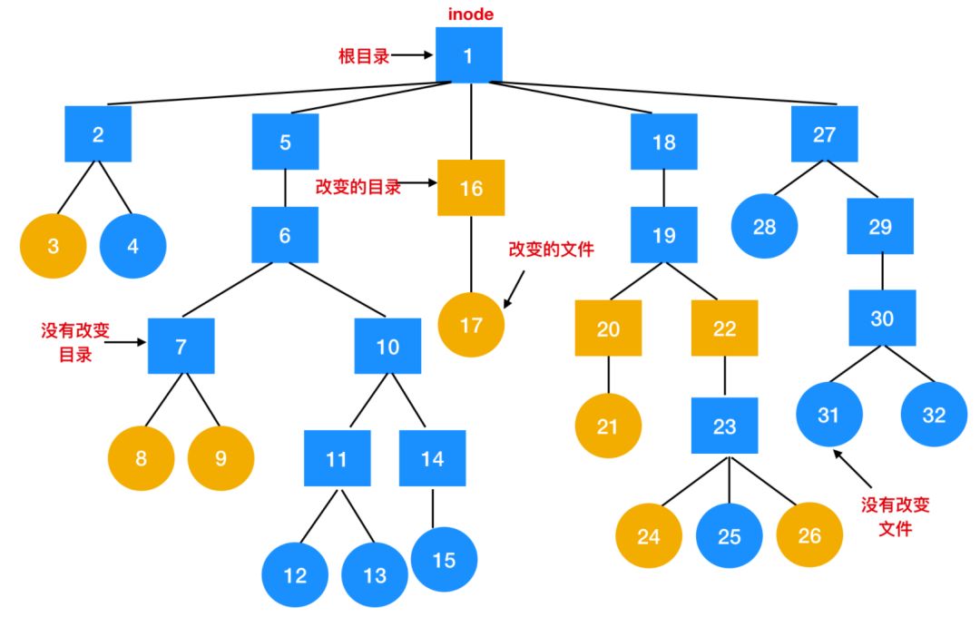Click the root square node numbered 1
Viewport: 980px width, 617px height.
pos(468,55)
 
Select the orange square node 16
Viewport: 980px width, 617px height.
pos(471,188)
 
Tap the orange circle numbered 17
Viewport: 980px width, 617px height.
pos(471,324)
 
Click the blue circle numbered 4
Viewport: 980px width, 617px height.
pos(132,245)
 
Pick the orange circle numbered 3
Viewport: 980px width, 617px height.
pos(54,245)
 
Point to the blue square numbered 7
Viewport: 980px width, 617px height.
pos(181,346)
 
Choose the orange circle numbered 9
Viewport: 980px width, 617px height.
pos(220,457)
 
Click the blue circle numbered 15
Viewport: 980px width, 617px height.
pos(444,560)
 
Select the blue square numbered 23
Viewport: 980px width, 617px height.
pos(724,426)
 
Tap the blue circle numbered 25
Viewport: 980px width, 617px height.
pos(730,535)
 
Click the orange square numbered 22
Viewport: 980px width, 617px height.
pos(724,328)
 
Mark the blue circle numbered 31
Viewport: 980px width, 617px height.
pos(828,415)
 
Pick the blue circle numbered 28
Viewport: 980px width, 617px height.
pos(764,226)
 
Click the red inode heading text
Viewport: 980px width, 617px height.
pos(470,15)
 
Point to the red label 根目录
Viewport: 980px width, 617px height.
pos(364,56)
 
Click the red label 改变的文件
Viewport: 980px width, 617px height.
pos(551,249)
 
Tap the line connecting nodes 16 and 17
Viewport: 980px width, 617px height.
pos(471,253)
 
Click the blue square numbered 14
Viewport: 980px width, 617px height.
pos(432,458)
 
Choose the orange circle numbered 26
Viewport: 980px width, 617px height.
pos(808,535)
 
